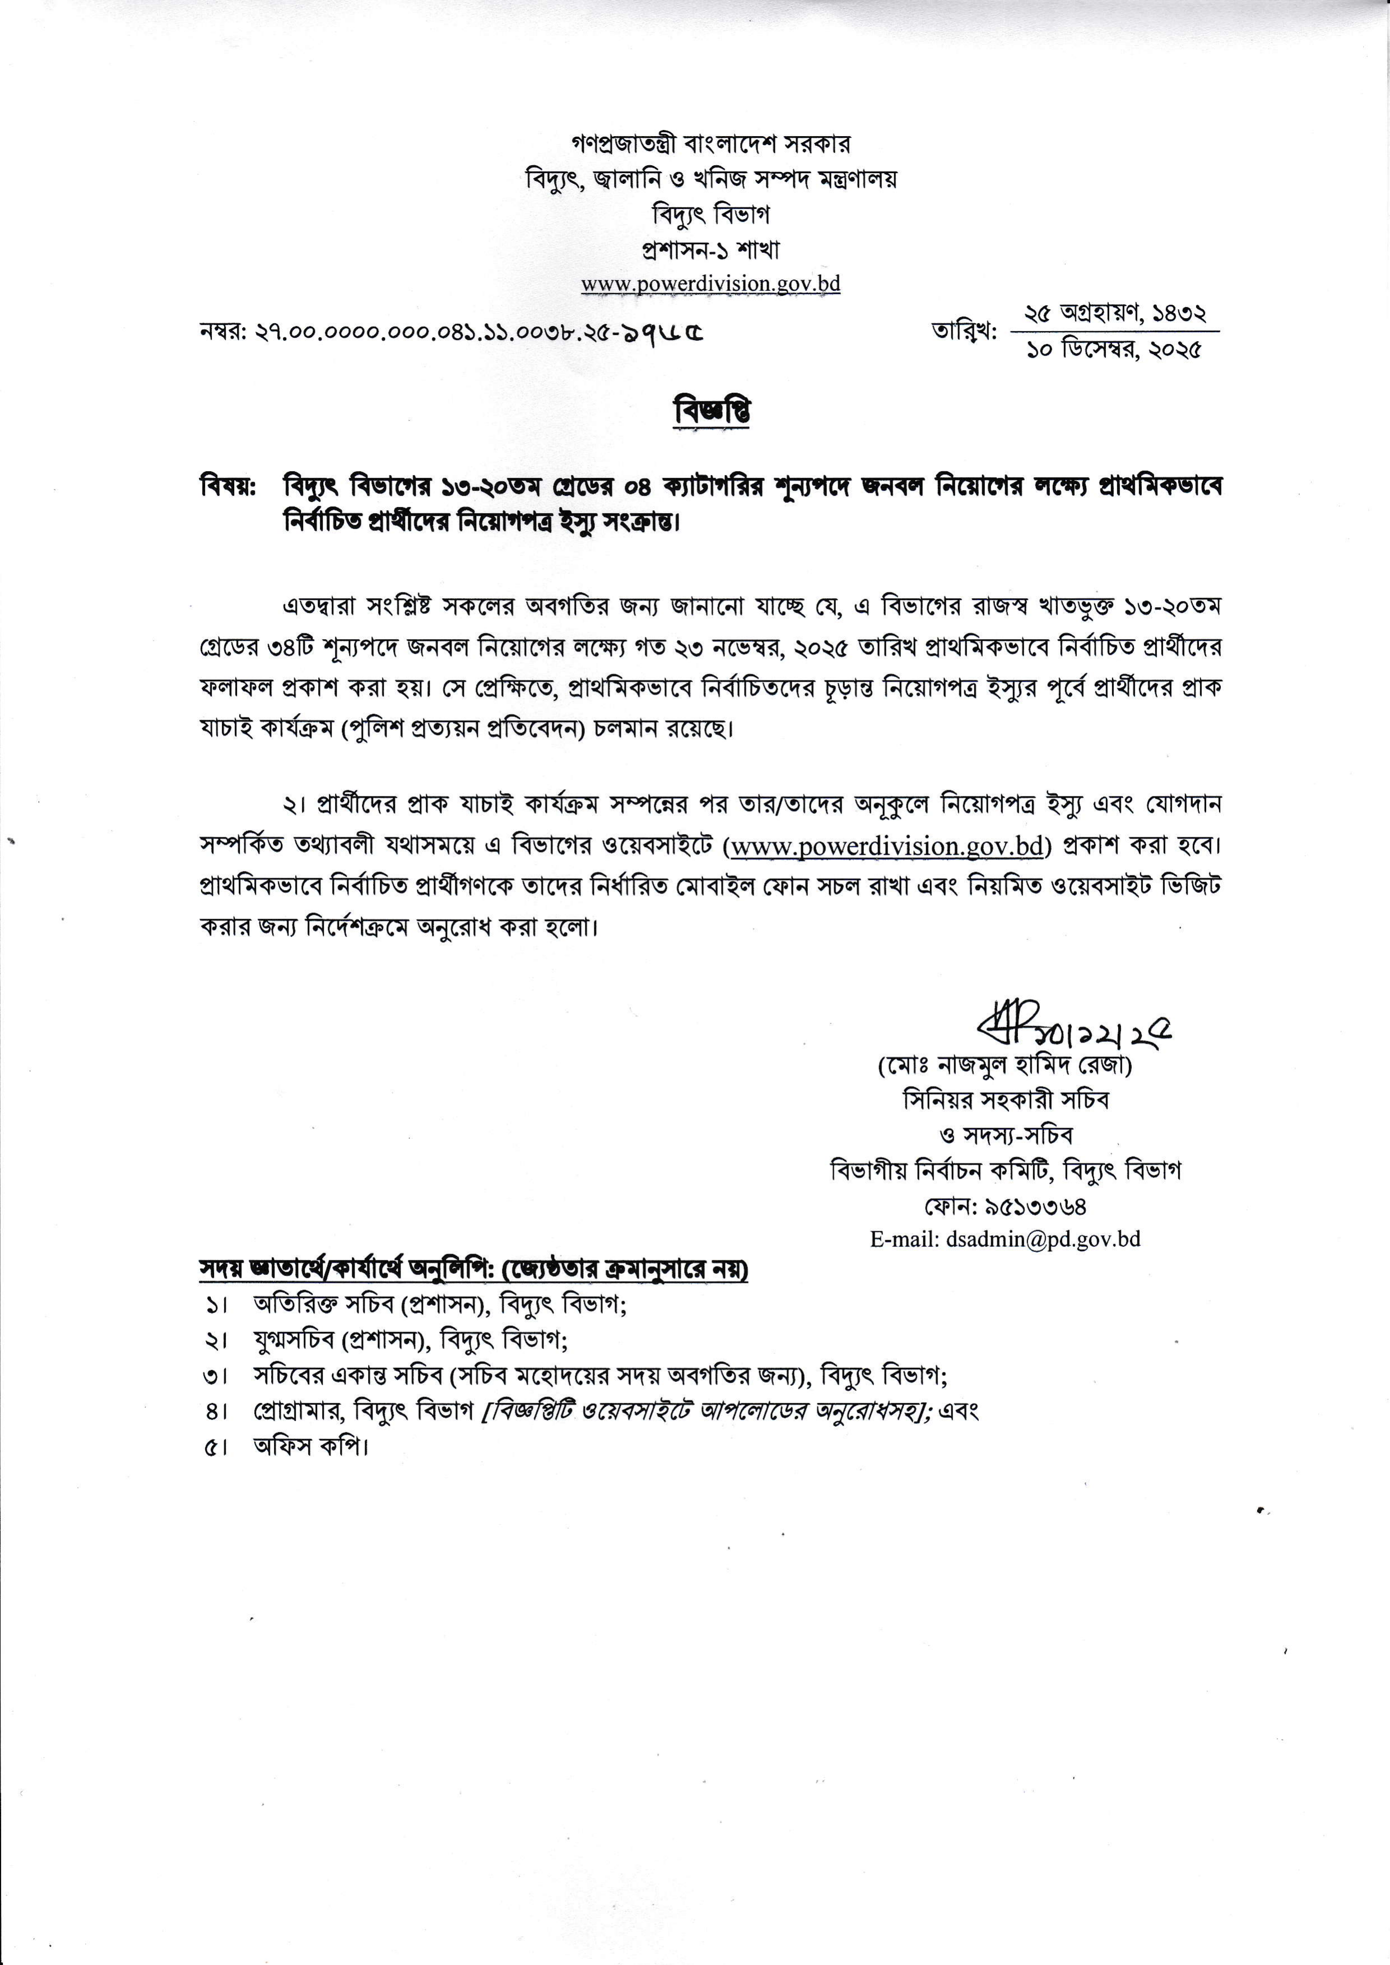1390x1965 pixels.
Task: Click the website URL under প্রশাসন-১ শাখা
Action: click(710, 284)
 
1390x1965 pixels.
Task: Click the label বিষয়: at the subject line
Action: click(227, 486)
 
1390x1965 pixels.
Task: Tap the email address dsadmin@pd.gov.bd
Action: click(1005, 1239)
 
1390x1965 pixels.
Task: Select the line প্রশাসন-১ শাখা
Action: click(710, 250)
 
